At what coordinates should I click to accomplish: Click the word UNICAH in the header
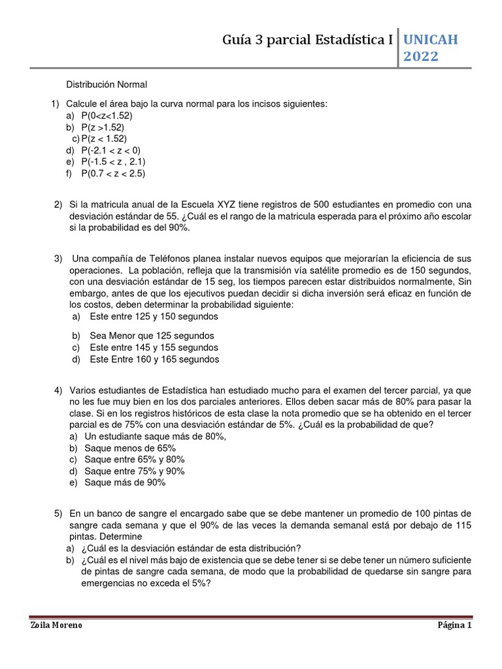click(x=431, y=40)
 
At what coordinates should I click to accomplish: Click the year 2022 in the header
click(x=421, y=57)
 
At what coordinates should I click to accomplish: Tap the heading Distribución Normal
click(x=107, y=85)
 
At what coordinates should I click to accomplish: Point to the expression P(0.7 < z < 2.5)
click(x=113, y=174)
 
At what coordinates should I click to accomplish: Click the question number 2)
click(x=58, y=204)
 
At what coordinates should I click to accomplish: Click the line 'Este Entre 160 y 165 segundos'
click(x=154, y=359)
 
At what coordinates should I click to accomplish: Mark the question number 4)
click(x=58, y=390)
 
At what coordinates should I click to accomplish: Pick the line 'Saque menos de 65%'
click(x=130, y=448)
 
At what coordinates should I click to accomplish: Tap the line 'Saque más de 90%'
click(x=125, y=483)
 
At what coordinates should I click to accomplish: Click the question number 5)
click(x=58, y=514)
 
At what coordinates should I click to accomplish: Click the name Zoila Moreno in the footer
click(x=57, y=625)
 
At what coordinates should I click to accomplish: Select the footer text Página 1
click(x=454, y=625)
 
